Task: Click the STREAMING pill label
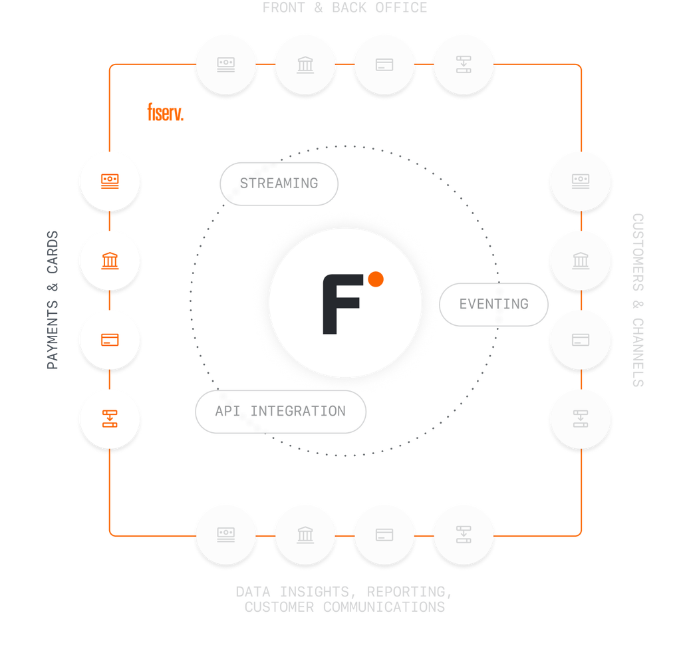click(279, 183)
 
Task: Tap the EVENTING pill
click(493, 304)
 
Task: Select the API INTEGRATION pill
click(280, 411)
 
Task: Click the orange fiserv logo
click(165, 112)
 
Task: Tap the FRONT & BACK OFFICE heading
click(344, 8)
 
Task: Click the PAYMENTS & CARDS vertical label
click(53, 300)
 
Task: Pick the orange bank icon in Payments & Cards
click(110, 260)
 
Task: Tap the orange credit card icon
click(110, 340)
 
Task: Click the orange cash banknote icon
click(110, 181)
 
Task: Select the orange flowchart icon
click(110, 419)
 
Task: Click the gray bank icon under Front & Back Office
click(305, 65)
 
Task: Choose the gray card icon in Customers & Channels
click(581, 340)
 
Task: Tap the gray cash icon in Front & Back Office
click(225, 65)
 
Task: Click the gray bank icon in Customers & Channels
click(581, 261)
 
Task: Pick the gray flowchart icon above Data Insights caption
click(463, 535)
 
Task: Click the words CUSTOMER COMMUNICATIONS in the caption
click(344, 607)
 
